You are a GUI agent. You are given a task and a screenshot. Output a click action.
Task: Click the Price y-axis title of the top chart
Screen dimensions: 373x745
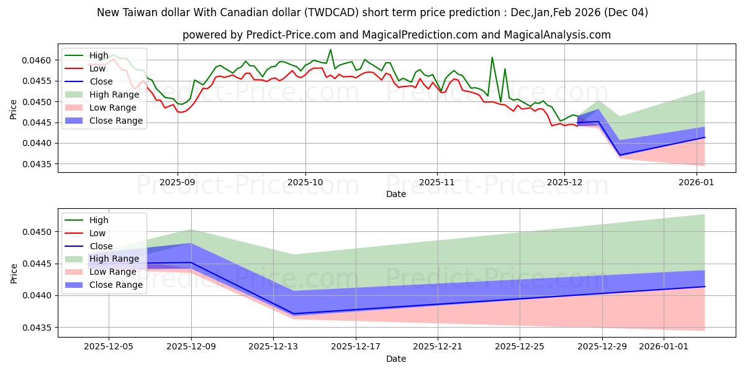(x=14, y=109)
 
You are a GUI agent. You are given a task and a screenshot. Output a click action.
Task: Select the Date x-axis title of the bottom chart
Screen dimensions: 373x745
(x=396, y=359)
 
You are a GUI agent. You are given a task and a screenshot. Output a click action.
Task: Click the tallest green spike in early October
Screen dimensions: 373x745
(x=330, y=50)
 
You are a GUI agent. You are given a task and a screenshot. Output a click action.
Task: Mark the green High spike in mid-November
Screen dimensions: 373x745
(x=492, y=58)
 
